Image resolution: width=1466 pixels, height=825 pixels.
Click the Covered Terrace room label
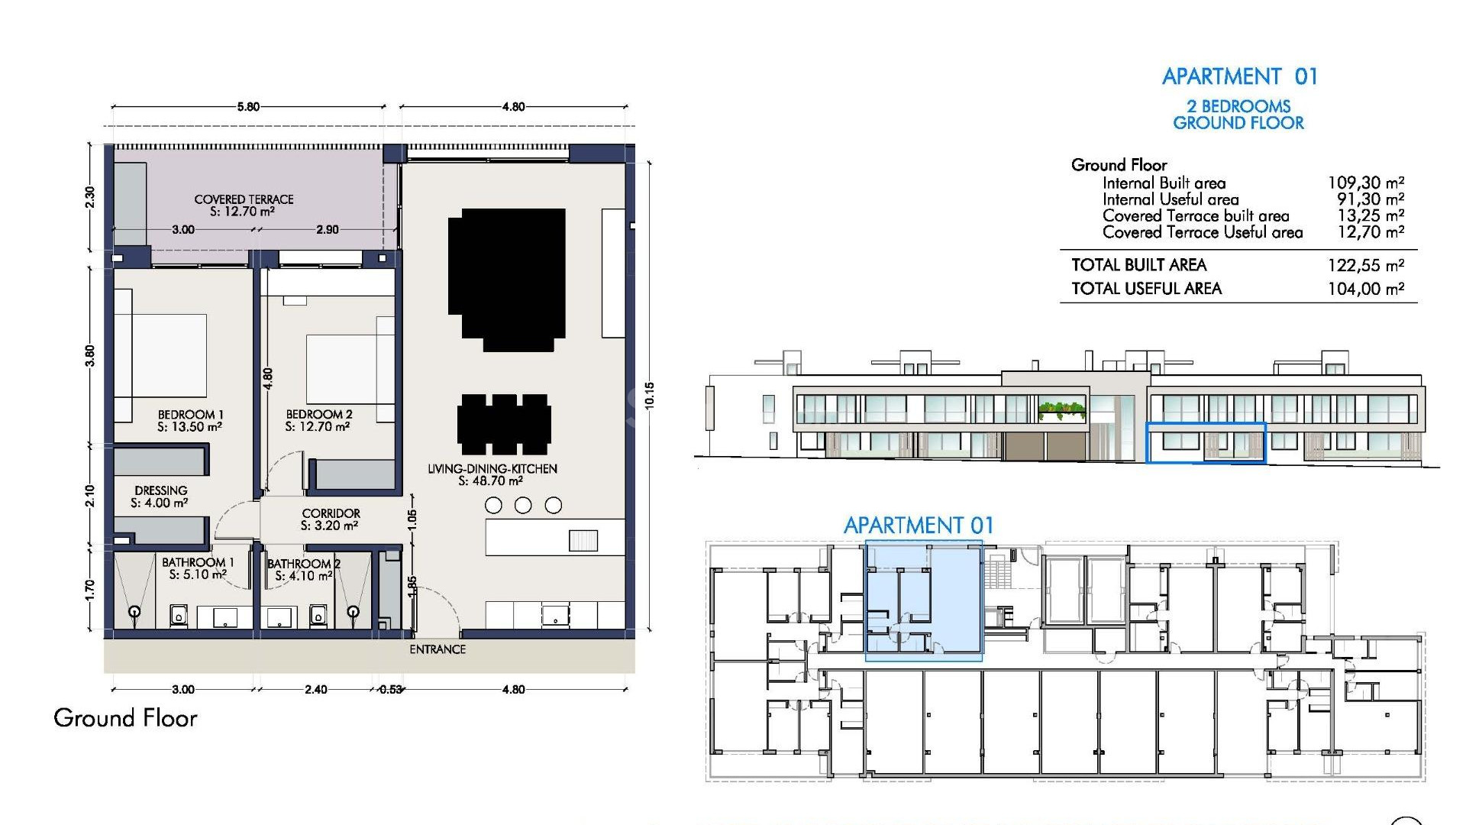[x=244, y=199]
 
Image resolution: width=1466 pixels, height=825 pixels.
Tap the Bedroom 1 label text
[x=190, y=415]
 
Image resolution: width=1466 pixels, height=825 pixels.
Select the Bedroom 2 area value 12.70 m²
[x=318, y=427]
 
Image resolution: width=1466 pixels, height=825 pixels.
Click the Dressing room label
[x=160, y=490]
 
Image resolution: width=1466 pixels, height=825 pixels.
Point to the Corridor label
[x=331, y=513]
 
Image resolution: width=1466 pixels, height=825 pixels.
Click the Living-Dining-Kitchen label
[x=492, y=469]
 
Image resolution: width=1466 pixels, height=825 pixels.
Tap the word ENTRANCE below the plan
[x=438, y=649]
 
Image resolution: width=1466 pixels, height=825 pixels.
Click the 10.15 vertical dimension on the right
[x=650, y=396]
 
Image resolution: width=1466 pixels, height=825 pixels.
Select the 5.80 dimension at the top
[x=248, y=107]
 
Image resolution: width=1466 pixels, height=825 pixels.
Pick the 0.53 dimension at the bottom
[x=390, y=690]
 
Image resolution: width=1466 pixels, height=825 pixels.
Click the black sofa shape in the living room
[x=507, y=279]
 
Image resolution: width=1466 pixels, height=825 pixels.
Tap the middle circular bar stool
[x=523, y=505]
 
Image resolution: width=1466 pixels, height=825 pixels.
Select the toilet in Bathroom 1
[x=179, y=615]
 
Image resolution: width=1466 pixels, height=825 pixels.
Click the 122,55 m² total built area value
[x=1365, y=265]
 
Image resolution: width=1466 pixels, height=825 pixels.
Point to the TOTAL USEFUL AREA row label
[x=1146, y=289]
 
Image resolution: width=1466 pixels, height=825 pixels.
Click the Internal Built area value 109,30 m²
[x=1365, y=183]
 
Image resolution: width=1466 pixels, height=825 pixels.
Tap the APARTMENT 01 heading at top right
[x=1239, y=76]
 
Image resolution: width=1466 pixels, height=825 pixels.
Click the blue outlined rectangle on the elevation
[x=1206, y=443]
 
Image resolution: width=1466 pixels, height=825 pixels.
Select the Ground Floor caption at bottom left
[x=125, y=718]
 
